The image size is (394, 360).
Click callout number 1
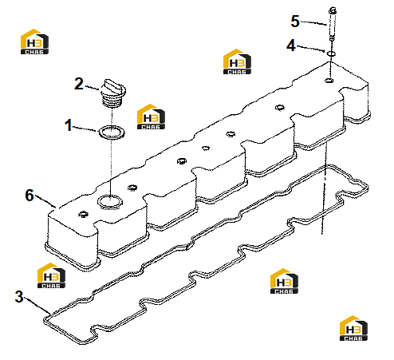coord(69,125)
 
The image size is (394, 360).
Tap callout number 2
coord(79,84)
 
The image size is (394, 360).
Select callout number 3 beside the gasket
coord(19,296)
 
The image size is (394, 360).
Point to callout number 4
coord(291,45)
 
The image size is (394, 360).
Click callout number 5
coord(295,22)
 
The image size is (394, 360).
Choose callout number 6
coord(30,195)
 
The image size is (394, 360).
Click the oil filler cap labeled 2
coord(113,93)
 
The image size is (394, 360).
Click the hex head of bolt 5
coord(333,10)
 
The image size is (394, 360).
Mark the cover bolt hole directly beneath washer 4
coord(329,80)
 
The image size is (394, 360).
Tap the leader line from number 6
coord(45,201)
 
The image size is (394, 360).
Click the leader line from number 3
coord(37,305)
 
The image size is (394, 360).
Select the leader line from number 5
coord(313,23)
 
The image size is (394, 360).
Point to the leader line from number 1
coord(85,129)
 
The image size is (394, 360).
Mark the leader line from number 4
coord(310,49)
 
